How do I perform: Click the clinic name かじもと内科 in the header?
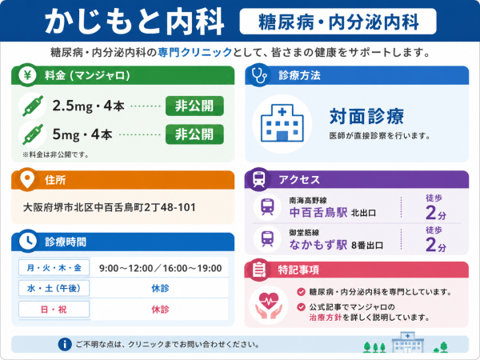tap(134, 22)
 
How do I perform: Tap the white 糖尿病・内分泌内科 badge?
tap(338, 22)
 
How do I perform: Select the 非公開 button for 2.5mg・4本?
tap(194, 106)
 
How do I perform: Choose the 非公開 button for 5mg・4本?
tap(194, 134)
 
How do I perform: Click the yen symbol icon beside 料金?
tap(27, 74)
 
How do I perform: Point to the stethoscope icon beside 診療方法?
tap(259, 74)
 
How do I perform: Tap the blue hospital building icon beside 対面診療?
tap(282, 124)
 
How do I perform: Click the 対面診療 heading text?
tap(366, 116)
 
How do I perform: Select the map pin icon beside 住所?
tap(27, 179)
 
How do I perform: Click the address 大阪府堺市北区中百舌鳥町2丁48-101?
tap(110, 207)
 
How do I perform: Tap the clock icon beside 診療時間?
tap(28, 242)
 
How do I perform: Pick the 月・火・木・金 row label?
tap(54, 268)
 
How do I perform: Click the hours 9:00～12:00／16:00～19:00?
tap(161, 269)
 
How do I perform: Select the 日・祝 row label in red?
tap(54, 310)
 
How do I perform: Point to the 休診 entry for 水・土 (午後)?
tap(160, 288)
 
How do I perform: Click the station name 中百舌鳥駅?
tap(318, 213)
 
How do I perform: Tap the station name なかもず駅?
tap(318, 245)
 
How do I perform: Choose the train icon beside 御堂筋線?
tap(267, 239)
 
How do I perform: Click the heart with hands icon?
tap(269, 306)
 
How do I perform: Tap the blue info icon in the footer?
tap(65, 344)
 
